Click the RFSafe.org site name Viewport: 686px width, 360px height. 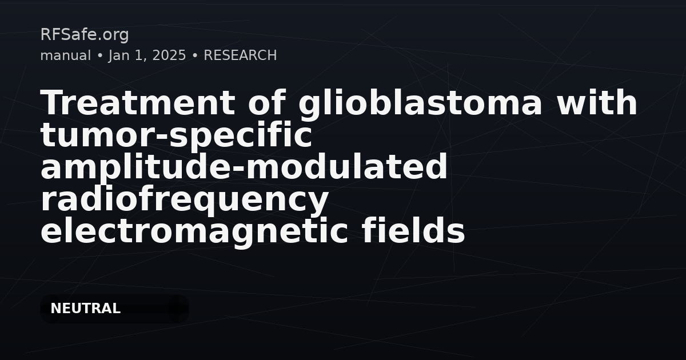pyautogui.click(x=85, y=35)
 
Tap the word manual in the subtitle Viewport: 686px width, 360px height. pyautogui.click(x=66, y=55)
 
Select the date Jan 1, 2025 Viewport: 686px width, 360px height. pyautogui.click(x=147, y=56)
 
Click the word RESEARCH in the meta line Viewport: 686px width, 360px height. pyautogui.click(x=240, y=55)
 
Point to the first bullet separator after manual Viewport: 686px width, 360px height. pyautogui.click(x=99, y=56)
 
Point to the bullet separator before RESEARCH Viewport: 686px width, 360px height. pyautogui.click(x=195, y=56)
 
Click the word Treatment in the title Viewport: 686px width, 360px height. pyautogui.click(x=138, y=102)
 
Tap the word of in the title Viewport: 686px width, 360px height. pyautogui.click(x=267, y=102)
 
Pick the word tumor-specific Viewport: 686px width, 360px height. pyautogui.click(x=176, y=136)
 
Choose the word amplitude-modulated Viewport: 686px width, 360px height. pyautogui.click(x=244, y=166)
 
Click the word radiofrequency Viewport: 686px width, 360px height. pyautogui.click(x=185, y=199)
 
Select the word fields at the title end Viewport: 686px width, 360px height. pyautogui.click(x=413, y=230)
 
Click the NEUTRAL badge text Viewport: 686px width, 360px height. pyautogui.click(x=85, y=309)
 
